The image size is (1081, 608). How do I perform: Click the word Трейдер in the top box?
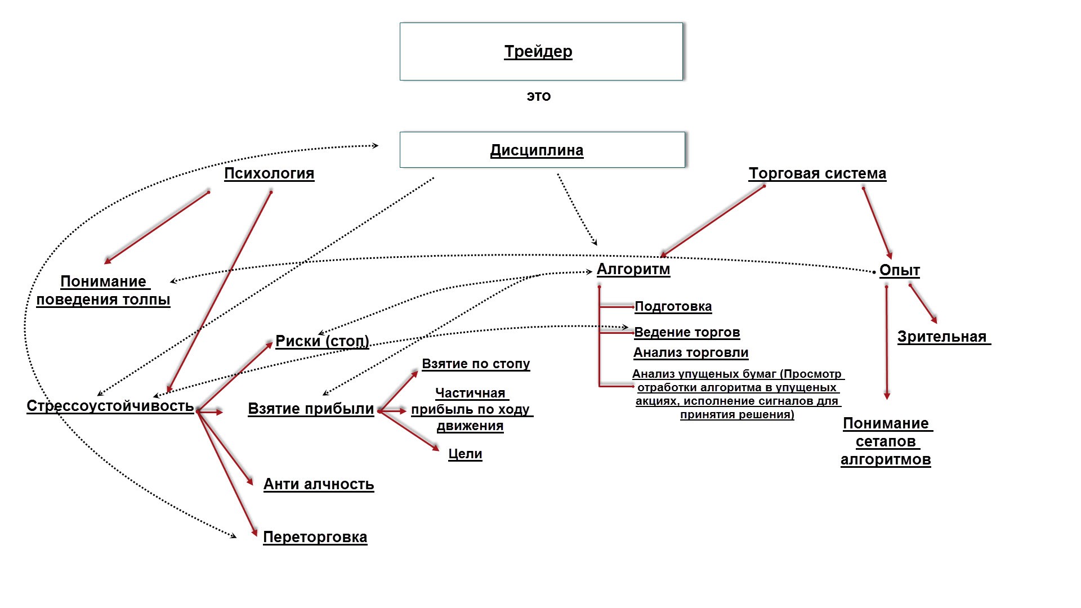click(x=538, y=52)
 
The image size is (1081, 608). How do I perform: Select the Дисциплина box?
click(x=542, y=150)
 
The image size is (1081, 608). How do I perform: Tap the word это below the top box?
click(x=539, y=96)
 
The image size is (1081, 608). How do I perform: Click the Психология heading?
click(x=269, y=173)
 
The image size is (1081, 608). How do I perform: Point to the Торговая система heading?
click(x=817, y=173)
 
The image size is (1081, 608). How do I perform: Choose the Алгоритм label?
click(x=633, y=269)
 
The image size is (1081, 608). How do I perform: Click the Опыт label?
click(x=899, y=270)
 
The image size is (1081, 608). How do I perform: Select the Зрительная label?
click(x=942, y=337)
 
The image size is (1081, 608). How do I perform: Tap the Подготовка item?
click(x=673, y=306)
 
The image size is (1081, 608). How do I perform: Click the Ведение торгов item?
click(x=687, y=332)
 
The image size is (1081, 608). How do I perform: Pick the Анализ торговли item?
click(x=691, y=352)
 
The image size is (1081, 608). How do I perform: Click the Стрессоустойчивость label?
click(x=110, y=406)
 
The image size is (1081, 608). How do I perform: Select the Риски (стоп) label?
click(x=322, y=341)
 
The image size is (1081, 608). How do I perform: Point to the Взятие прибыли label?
click(x=311, y=409)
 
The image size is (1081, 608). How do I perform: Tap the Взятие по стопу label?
click(x=476, y=364)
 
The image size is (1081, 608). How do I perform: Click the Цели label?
click(x=465, y=454)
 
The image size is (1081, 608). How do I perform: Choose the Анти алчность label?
click(x=319, y=484)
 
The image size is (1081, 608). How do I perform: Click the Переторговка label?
click(x=315, y=537)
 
